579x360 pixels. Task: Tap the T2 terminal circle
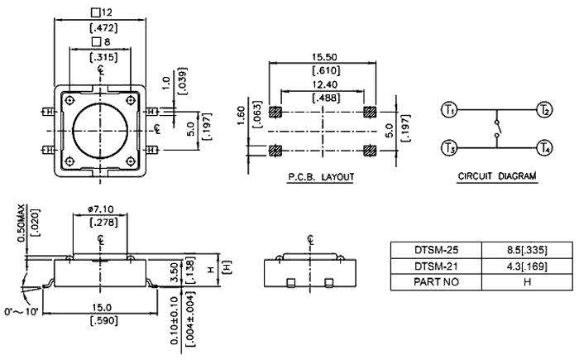543,109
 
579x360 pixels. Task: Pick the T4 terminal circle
543,148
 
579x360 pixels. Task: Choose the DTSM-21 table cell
435,266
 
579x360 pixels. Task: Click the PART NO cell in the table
435,281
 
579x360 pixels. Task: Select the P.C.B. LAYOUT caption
320,178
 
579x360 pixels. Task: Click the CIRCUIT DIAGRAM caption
496,177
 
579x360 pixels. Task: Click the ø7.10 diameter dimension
100,210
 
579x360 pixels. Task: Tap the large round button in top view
100,129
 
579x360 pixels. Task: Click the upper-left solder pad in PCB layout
276,111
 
